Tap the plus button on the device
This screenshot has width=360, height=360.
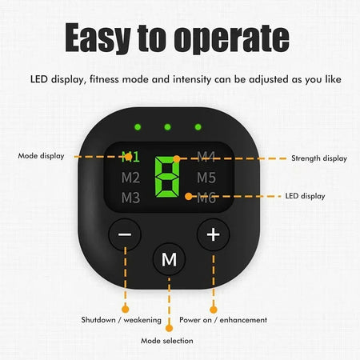click(x=213, y=234)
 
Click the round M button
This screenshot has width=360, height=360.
click(x=169, y=259)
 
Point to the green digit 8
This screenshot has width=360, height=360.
click(x=167, y=177)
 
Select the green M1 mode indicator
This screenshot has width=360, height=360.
click(x=130, y=157)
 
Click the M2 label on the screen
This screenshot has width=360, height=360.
click(x=130, y=178)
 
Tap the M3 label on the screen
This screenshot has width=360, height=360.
click(x=130, y=198)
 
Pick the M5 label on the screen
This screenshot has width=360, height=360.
click(x=206, y=178)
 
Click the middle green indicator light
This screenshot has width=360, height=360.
click(x=167, y=127)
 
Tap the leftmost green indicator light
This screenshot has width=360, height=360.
click(x=138, y=127)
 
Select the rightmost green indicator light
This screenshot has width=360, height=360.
click(x=198, y=127)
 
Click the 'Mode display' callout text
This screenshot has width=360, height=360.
click(x=41, y=156)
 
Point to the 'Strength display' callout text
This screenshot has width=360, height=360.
click(x=319, y=158)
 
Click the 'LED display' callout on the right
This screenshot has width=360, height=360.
click(x=305, y=196)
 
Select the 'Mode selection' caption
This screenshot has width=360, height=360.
click(x=167, y=341)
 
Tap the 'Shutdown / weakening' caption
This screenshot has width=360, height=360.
click(x=122, y=320)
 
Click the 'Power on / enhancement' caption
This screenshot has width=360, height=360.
click(x=223, y=320)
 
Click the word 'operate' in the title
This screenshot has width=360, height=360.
click(x=232, y=38)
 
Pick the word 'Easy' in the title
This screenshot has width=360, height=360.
click(x=98, y=38)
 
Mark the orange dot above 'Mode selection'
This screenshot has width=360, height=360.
click(x=169, y=328)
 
